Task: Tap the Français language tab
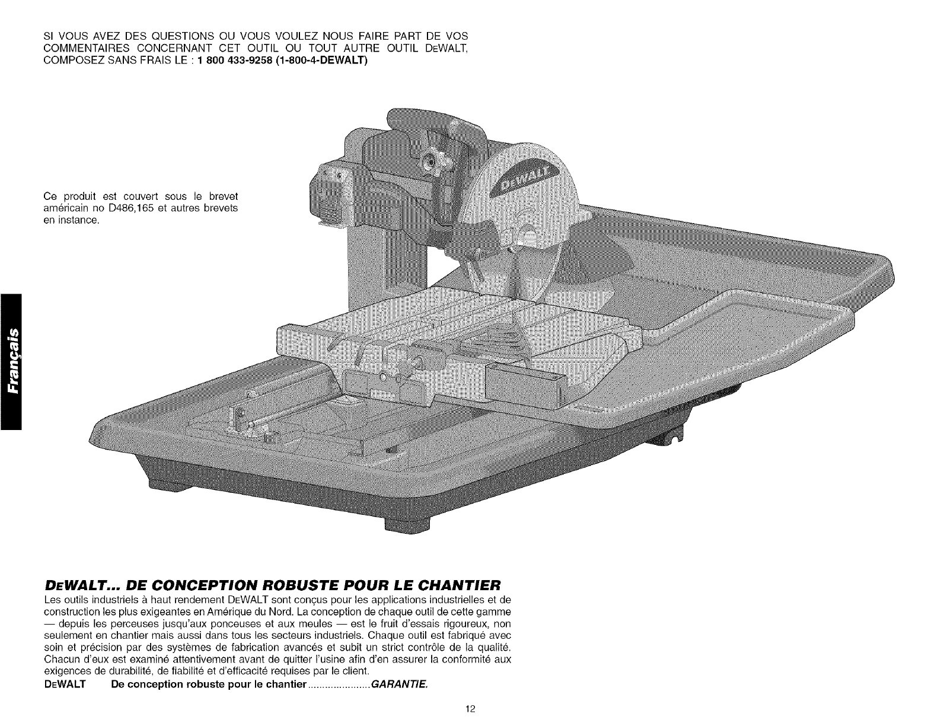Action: tap(11, 361)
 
